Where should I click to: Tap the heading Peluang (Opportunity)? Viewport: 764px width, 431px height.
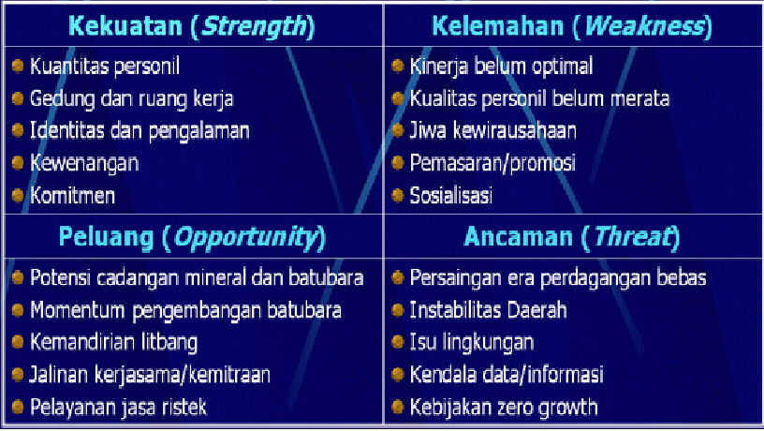click(192, 237)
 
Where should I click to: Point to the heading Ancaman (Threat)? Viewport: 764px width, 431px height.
click(570, 237)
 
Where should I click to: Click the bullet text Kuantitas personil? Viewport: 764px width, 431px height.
click(104, 67)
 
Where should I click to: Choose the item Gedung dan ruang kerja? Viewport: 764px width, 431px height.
click(132, 98)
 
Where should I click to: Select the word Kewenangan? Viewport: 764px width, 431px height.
click(84, 162)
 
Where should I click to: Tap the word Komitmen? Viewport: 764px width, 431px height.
click(73, 195)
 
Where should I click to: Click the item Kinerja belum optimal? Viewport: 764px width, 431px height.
click(501, 67)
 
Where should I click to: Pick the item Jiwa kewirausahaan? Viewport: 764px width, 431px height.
click(493, 130)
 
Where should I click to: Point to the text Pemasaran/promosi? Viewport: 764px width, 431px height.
click(493, 162)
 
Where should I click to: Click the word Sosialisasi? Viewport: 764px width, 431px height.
click(451, 195)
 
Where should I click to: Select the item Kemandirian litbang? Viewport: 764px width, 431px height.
click(114, 342)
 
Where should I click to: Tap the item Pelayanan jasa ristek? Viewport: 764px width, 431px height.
click(118, 407)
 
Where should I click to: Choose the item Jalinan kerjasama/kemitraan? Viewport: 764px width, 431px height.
click(150, 375)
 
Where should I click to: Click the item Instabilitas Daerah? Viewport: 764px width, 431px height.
click(489, 309)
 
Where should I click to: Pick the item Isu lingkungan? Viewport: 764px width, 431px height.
click(472, 342)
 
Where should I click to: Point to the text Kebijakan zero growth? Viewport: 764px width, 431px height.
click(504, 407)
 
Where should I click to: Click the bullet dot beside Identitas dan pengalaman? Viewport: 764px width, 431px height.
click(18, 130)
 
